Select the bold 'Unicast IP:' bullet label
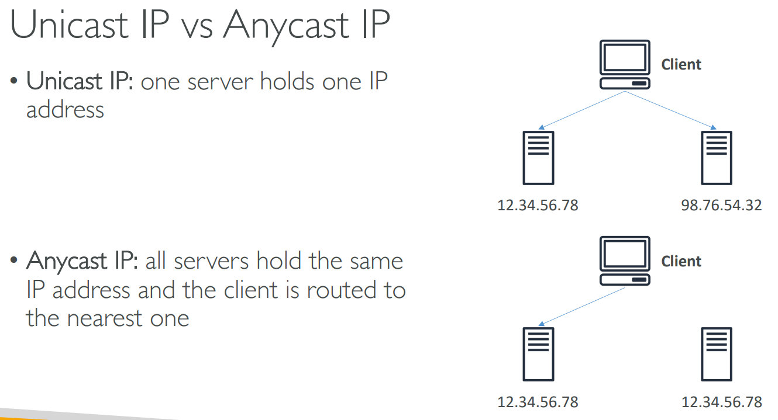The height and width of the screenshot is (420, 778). (81, 82)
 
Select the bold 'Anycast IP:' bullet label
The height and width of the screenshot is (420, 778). (82, 261)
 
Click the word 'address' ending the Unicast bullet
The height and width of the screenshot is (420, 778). (65, 110)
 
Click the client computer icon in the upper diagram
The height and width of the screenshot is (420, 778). (625, 65)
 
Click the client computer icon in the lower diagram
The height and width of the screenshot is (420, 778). (625, 261)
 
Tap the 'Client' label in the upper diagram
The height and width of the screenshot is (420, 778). (681, 65)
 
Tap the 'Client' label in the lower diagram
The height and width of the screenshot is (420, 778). (681, 261)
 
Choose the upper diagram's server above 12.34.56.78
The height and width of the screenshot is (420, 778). (538, 158)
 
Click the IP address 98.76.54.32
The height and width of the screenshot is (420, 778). (722, 205)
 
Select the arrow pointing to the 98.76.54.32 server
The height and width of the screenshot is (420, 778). (673, 110)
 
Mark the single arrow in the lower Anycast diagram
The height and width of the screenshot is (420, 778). (582, 306)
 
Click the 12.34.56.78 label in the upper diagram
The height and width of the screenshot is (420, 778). (538, 205)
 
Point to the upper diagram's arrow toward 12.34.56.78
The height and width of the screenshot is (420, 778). (582, 110)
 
